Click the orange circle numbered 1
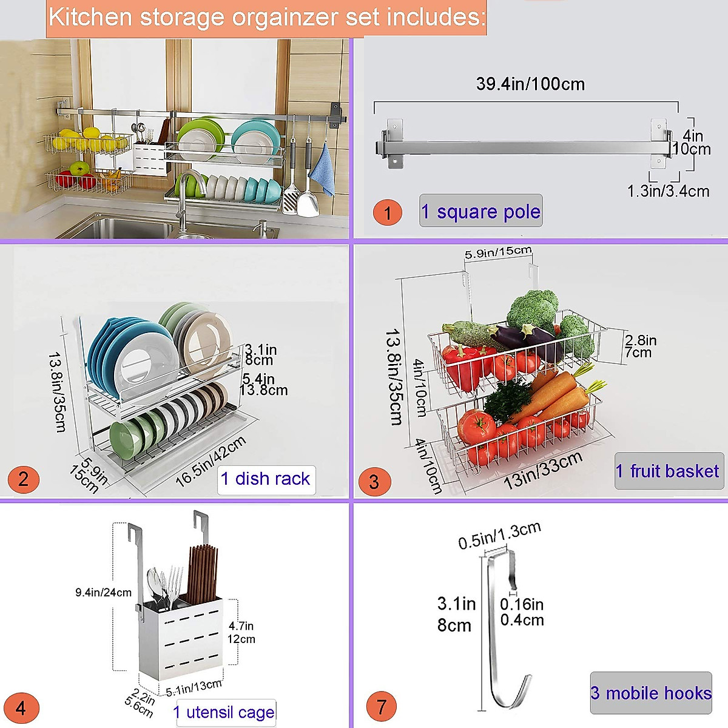pos(387,213)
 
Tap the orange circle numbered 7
pos(382,707)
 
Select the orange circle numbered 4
pos(21,708)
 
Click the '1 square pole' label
pos(480,211)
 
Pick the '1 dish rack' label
pos(266,479)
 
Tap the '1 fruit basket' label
pos(668,471)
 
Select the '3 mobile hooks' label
pos(651,693)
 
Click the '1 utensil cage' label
pos(224,712)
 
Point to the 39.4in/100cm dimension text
pos(530,84)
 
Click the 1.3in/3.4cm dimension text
pos(668,191)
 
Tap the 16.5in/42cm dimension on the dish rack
pos(211,462)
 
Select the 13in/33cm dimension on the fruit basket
pos(543,470)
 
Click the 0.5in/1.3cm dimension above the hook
pos(499,535)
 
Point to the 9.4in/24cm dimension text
pos(103,592)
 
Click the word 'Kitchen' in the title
pos(90,17)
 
